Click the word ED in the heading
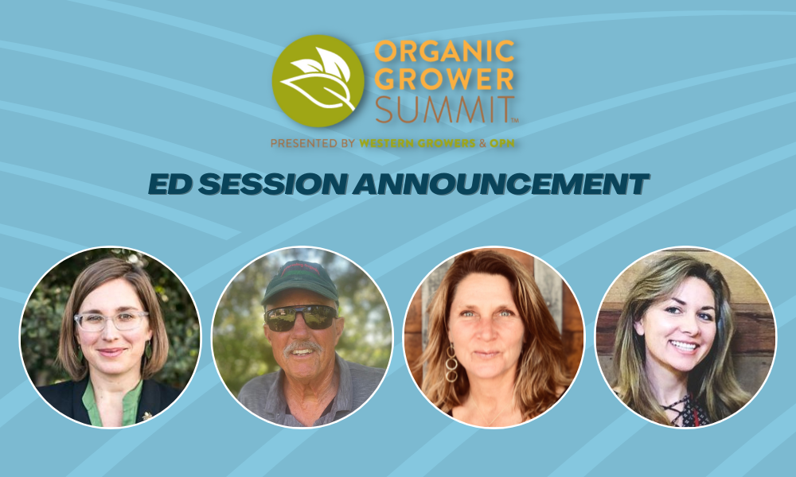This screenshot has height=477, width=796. tap(170, 184)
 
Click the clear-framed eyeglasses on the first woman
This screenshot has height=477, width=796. tap(111, 320)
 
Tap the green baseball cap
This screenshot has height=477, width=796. tap(300, 282)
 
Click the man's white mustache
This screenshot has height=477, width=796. tap(302, 347)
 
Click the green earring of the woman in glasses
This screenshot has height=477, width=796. tap(148, 351)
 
